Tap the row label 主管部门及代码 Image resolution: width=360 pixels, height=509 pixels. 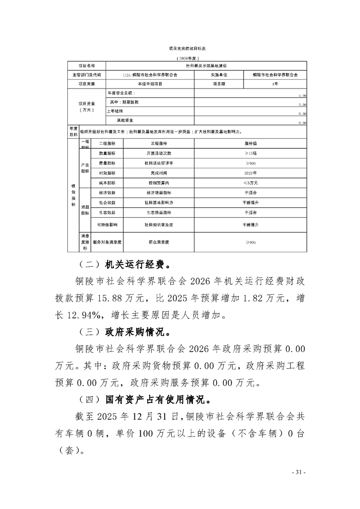pyautogui.click(x=86, y=75)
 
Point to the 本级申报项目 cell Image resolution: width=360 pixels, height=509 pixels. pyautogui.click(x=149, y=84)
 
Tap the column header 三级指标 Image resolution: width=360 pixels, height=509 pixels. pyautogui.click(x=158, y=142)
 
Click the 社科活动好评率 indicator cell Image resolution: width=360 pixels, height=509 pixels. pyautogui.click(x=158, y=163)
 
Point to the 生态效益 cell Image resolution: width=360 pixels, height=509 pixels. pyautogui.click(x=107, y=212)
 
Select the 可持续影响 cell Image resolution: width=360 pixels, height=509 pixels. pyautogui.click(x=107, y=225)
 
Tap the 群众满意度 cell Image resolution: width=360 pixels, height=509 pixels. pyautogui.click(x=158, y=242)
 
